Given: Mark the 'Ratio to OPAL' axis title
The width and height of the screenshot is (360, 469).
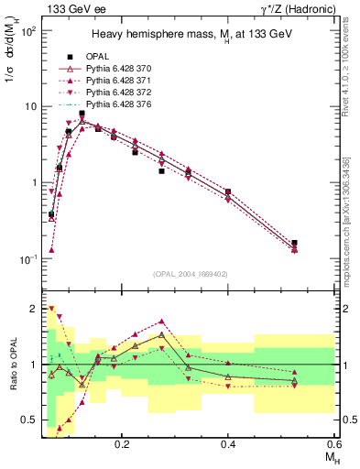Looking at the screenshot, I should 12,365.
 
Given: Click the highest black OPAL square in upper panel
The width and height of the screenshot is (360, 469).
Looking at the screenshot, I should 82,114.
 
